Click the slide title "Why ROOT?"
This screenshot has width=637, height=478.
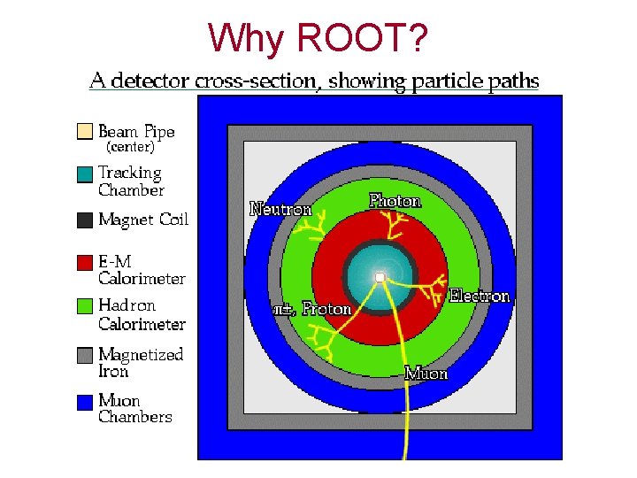[318, 37]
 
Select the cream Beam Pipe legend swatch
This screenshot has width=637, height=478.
[84, 131]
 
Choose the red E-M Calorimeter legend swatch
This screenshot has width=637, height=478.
[84, 263]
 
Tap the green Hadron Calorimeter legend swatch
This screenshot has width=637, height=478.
[84, 306]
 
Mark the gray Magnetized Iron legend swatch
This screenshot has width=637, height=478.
[84, 355]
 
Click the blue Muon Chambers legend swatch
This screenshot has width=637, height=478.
[84, 402]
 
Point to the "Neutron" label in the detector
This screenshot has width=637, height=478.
[281, 210]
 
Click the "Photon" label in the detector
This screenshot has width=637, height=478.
[395, 201]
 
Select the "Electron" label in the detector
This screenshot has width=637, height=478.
[480, 296]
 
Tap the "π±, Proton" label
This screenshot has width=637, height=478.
[311, 309]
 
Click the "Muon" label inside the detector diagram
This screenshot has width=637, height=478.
[426, 374]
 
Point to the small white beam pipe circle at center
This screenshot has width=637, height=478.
[379, 278]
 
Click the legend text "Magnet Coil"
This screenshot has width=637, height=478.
[143, 220]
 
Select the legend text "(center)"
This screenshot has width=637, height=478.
[130, 147]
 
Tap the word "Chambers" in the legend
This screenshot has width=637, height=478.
[134, 417]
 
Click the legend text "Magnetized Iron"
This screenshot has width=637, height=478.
[141, 363]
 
